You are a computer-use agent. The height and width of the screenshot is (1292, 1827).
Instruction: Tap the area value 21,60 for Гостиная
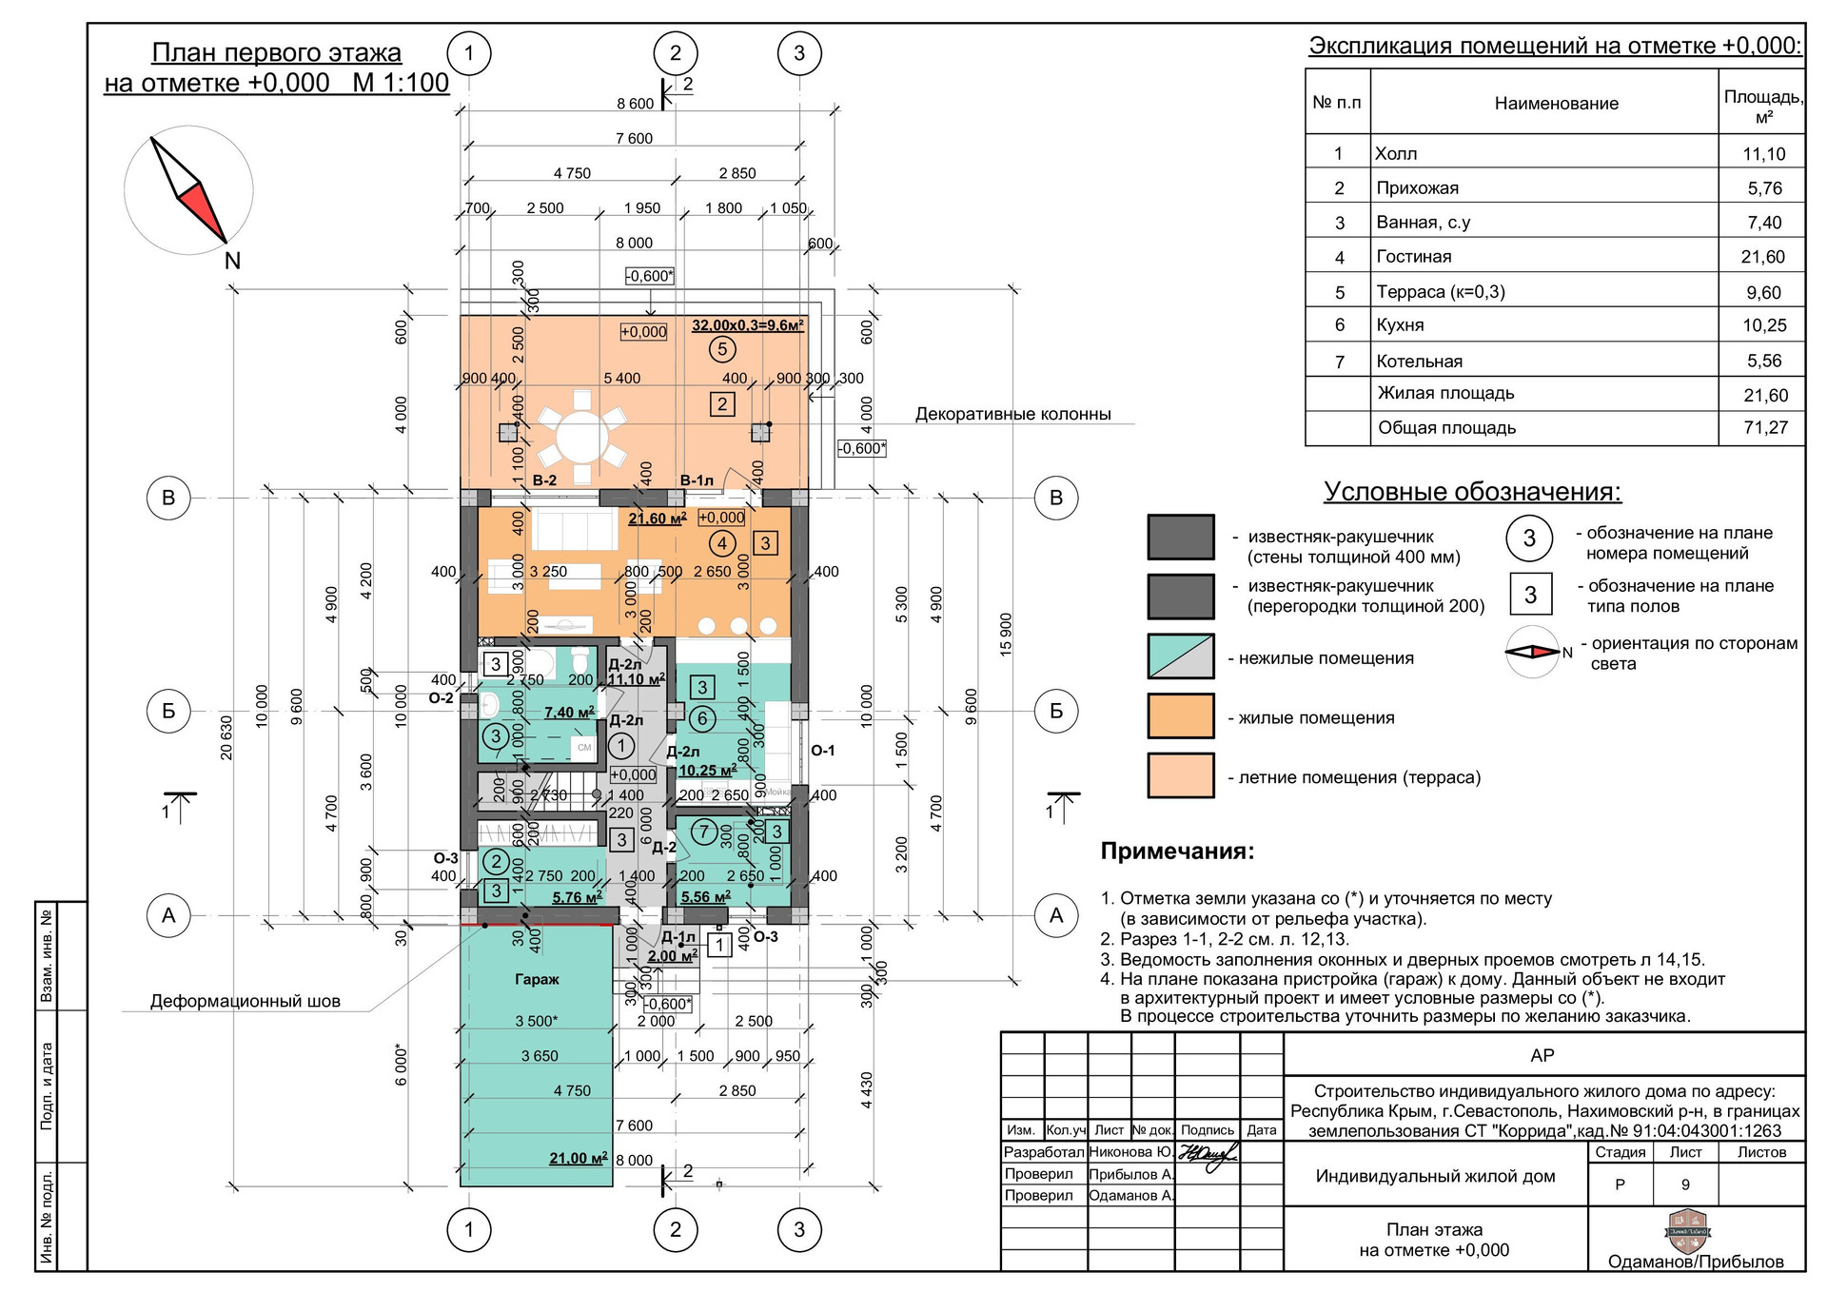(x=1765, y=257)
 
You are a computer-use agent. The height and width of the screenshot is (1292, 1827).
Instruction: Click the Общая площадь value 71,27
(x=1765, y=428)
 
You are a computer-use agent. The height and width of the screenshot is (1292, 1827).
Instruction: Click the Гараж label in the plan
(x=537, y=979)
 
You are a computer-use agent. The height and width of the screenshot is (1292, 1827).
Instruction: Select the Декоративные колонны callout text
(x=1012, y=414)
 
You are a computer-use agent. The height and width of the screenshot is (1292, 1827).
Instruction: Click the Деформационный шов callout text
(x=245, y=1001)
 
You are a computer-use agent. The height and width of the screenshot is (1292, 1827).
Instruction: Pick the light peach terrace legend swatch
(x=1180, y=775)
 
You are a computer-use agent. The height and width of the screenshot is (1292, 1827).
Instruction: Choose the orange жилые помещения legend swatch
(x=1180, y=716)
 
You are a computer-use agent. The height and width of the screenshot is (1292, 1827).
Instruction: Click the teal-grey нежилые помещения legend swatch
(x=1180, y=656)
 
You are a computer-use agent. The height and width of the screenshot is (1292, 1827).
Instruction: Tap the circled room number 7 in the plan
(x=703, y=832)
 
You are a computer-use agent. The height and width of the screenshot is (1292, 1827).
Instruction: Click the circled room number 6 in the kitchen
(x=702, y=718)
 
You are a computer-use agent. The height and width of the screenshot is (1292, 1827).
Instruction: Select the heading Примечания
(x=1177, y=851)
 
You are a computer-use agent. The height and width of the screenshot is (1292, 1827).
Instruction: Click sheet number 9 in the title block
(x=1685, y=1184)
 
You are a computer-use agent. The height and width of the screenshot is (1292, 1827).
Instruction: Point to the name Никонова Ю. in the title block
(x=1130, y=1152)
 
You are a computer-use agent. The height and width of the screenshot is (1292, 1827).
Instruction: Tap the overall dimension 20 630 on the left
(x=226, y=737)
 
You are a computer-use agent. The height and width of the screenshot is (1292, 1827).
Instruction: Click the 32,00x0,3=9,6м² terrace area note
(x=747, y=325)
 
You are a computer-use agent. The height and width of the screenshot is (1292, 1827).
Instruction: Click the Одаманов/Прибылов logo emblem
(x=1688, y=1230)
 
